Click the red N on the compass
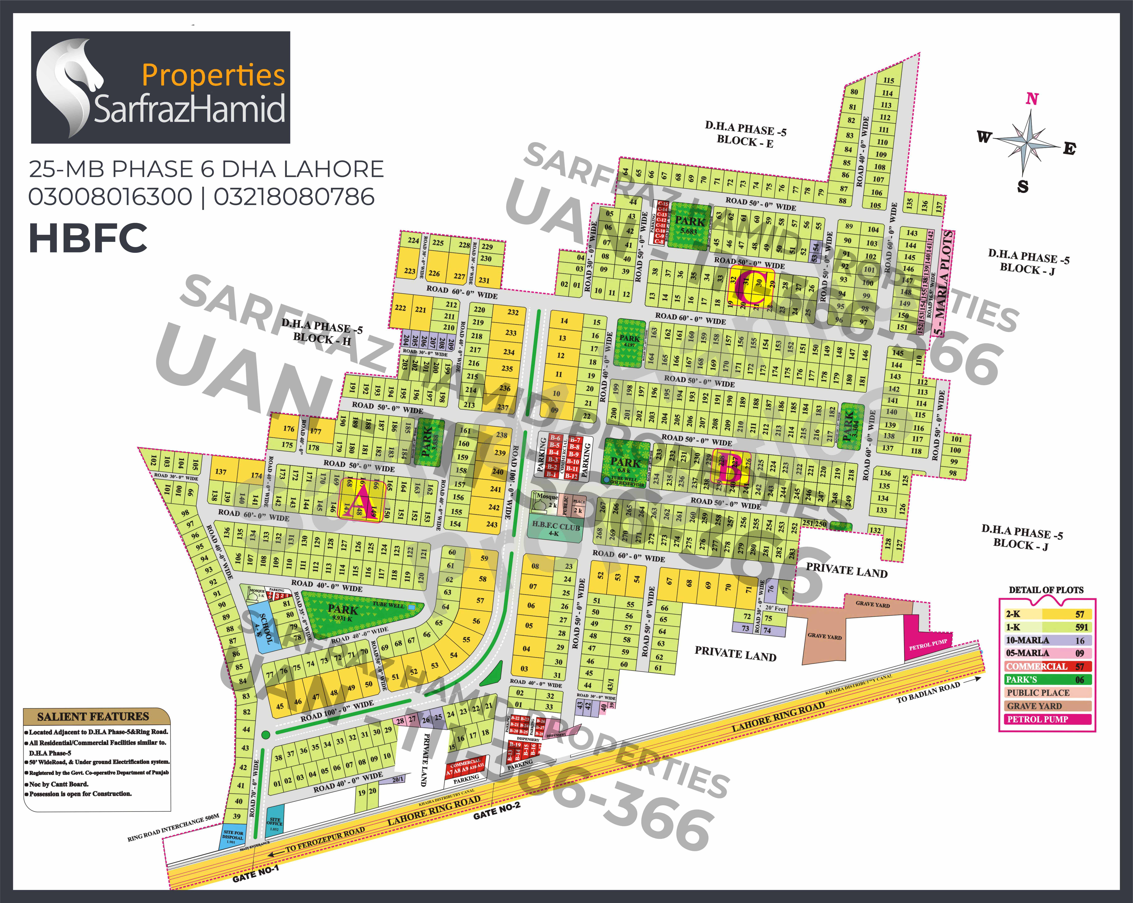1032,99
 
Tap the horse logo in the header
68,84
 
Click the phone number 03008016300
110,197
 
